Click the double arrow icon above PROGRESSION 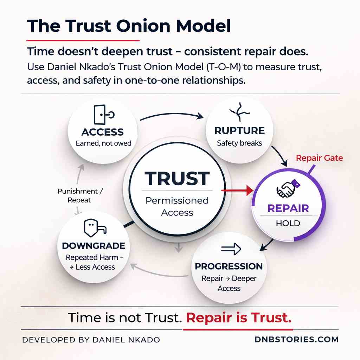click(230, 249)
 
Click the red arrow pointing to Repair click(238, 191)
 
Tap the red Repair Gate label click(319, 158)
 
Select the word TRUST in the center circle click(177, 179)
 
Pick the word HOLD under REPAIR click(288, 224)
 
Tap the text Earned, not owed click(103, 143)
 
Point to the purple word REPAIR click(288, 208)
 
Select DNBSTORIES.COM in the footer click(296, 340)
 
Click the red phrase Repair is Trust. click(239, 318)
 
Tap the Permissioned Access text click(177, 206)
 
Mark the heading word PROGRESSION click(229, 266)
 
